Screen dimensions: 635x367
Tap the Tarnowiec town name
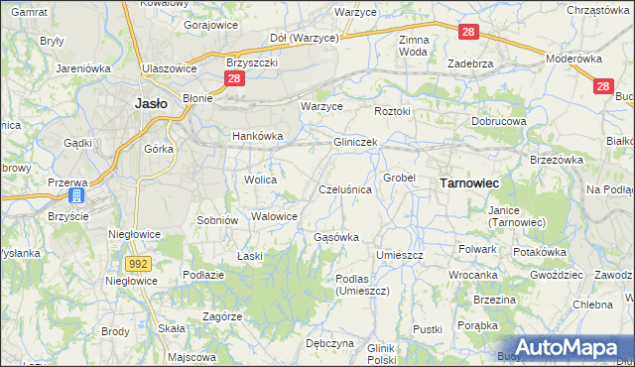(468, 183)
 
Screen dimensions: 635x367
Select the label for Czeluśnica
(344, 188)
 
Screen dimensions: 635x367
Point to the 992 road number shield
(139, 263)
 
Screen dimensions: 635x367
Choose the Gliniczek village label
(354, 143)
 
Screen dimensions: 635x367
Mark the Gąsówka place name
(335, 238)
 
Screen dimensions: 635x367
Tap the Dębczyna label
(329, 343)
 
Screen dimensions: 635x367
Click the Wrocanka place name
(472, 275)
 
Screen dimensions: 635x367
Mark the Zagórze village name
(222, 316)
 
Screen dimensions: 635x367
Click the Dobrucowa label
(498, 121)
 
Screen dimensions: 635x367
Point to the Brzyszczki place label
(251, 61)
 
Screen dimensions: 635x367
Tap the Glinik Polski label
(381, 354)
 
